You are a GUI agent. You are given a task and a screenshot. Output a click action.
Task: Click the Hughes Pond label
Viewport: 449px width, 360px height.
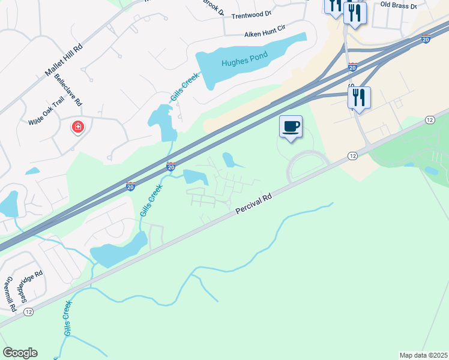[244, 59]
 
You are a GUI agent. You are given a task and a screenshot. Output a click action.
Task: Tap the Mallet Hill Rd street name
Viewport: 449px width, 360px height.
[63, 62]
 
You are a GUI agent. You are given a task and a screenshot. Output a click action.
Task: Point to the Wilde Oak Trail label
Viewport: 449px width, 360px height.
[46, 112]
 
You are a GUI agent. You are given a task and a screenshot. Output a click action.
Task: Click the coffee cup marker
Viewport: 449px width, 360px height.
[291, 127]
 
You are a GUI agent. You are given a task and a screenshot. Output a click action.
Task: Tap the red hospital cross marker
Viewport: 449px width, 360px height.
[77, 127]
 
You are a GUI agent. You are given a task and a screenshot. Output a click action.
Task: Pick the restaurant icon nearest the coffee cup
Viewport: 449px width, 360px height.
[359, 98]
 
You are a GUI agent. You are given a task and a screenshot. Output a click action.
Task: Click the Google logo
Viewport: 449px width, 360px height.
[20, 353]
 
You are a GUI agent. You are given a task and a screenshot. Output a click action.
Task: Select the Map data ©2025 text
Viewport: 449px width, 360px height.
[423, 355]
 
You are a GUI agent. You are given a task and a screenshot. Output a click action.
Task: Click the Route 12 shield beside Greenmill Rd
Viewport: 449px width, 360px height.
[28, 312]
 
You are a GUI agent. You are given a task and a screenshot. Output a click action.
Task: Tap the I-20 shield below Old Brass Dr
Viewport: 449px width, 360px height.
[425, 39]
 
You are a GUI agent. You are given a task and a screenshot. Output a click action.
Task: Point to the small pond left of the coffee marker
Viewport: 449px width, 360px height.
[229, 159]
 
